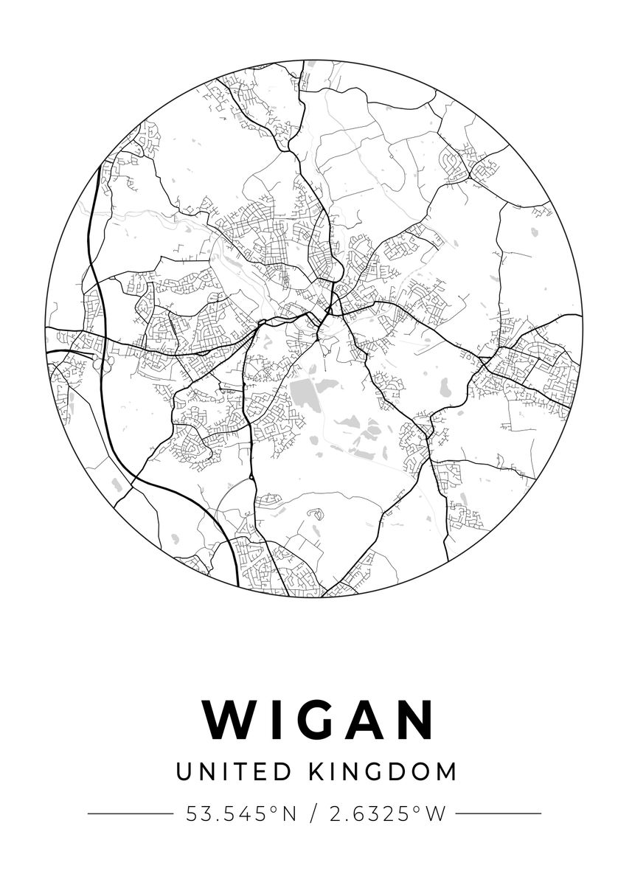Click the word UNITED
[x=235, y=772]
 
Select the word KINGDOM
[x=382, y=772]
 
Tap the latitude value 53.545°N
[x=240, y=813]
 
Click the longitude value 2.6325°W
[x=388, y=813]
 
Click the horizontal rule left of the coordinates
[x=130, y=813]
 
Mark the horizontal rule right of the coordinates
[x=499, y=813]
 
